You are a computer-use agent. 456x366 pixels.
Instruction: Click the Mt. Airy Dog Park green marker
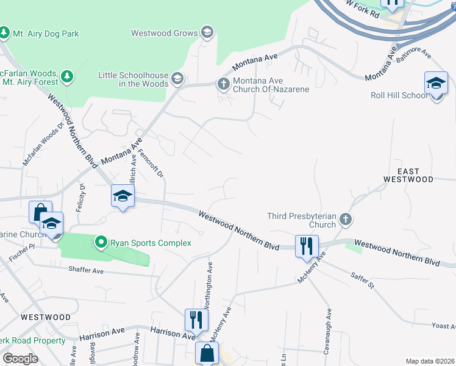(x=5, y=32)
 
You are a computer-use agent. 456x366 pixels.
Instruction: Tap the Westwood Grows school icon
(x=207, y=33)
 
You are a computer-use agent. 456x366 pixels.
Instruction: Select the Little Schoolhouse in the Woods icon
(x=177, y=78)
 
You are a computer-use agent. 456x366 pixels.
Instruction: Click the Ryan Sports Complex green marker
(x=102, y=243)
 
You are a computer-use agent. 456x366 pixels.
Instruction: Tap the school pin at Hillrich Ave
(x=122, y=196)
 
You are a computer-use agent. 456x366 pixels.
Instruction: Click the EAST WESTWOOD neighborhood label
(x=408, y=175)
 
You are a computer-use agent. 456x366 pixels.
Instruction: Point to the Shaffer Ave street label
(x=88, y=269)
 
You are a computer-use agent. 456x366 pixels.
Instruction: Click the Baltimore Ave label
(x=414, y=59)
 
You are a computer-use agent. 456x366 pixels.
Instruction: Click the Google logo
(x=20, y=359)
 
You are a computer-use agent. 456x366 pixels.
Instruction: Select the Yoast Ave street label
(x=443, y=326)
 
